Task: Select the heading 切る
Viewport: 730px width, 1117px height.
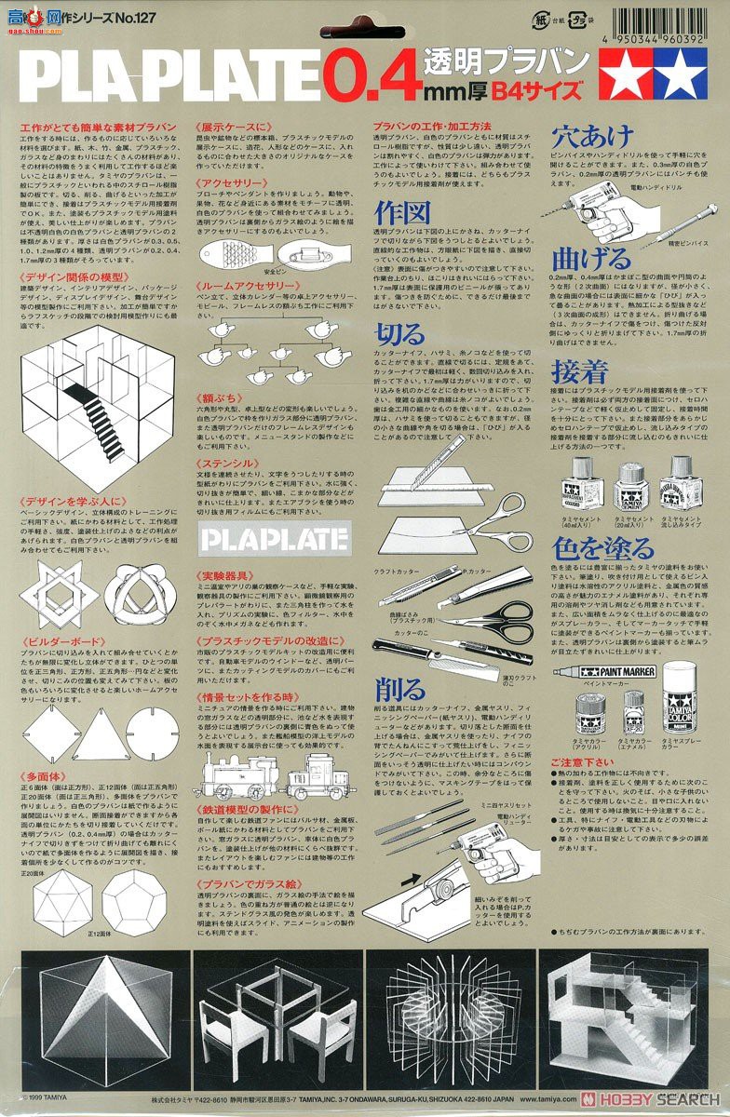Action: click(399, 334)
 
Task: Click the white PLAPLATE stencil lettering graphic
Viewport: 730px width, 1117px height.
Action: click(274, 539)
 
